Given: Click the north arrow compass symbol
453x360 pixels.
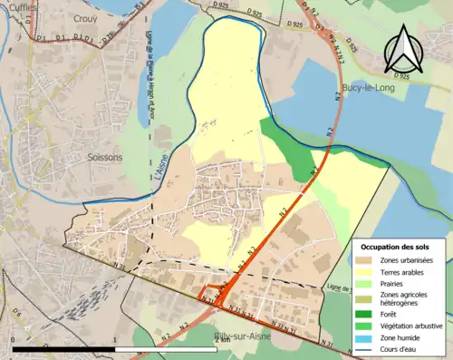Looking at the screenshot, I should click(404, 50).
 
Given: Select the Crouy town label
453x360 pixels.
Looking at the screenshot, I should click(85, 18).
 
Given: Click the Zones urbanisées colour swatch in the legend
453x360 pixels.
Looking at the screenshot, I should click(368, 261).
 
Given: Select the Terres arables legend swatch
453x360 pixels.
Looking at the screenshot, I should click(368, 273).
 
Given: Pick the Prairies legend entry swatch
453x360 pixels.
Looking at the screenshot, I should click(368, 285).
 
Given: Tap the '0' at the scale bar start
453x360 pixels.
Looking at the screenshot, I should click(15, 356).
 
